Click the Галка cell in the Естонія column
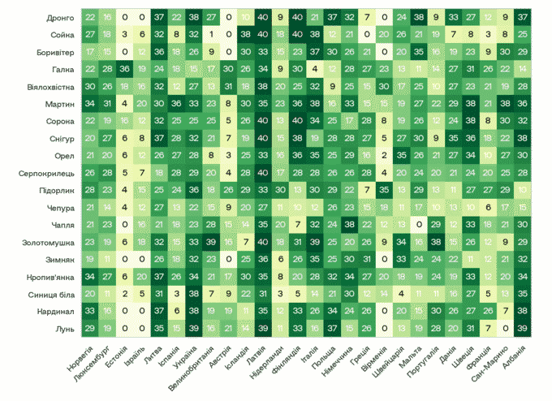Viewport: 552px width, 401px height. (x=124, y=69)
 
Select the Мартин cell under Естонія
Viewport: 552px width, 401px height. (x=124, y=104)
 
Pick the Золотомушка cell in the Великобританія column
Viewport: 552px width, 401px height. (x=211, y=242)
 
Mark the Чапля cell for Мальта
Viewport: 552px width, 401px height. (x=419, y=225)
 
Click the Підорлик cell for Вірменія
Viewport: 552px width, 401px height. (x=384, y=190)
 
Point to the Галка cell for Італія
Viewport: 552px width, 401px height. (x=313, y=69)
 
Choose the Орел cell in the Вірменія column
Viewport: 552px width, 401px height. (x=384, y=156)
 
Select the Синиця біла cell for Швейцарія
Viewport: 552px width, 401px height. (x=401, y=294)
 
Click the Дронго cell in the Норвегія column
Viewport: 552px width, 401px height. (x=89, y=18)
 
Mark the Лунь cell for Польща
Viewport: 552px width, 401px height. (x=331, y=328)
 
